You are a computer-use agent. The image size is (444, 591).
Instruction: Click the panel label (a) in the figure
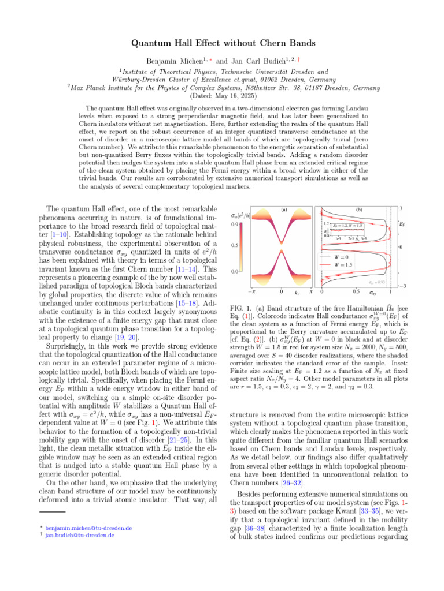(284, 210)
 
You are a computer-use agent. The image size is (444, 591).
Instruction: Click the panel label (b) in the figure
(358, 210)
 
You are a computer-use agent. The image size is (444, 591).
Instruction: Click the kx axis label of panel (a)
(297, 294)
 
